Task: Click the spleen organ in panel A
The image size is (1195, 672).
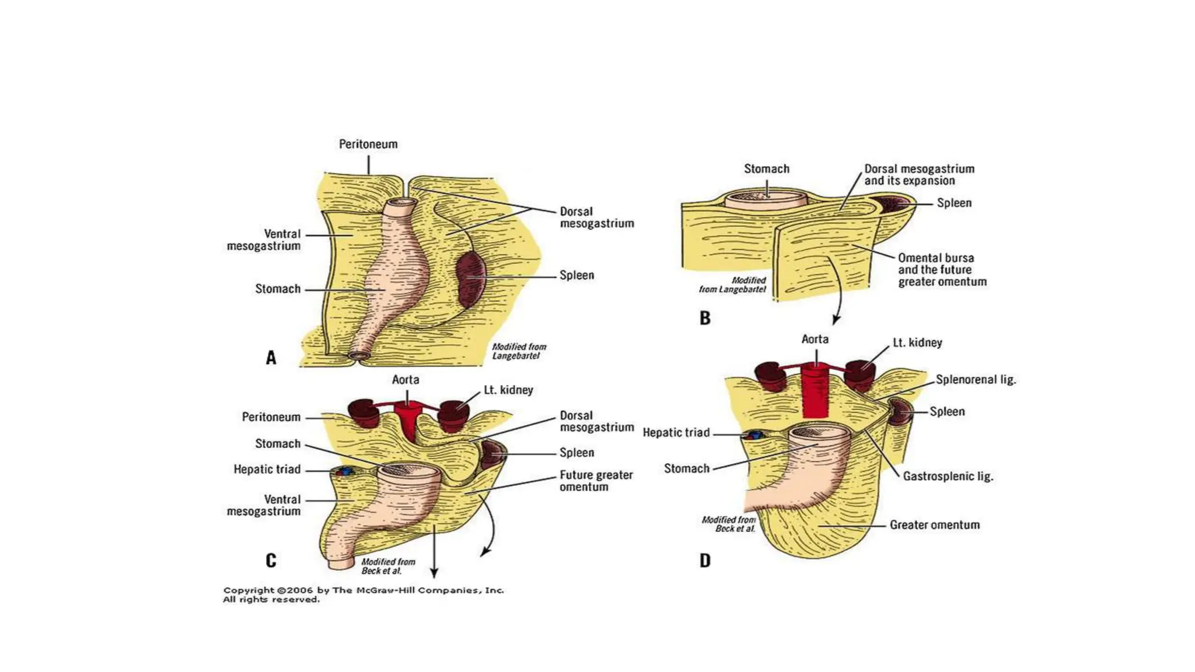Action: click(x=470, y=279)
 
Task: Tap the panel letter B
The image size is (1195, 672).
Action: click(x=705, y=318)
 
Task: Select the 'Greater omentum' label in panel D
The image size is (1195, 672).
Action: click(x=934, y=525)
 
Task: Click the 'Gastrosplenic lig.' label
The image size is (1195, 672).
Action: click(x=948, y=476)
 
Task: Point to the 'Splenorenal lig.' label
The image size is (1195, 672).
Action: click(x=976, y=380)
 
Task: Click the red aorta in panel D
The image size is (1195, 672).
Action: click(x=816, y=390)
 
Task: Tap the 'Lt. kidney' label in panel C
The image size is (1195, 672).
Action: click(x=508, y=390)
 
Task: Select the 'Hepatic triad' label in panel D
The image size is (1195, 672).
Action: click(x=676, y=432)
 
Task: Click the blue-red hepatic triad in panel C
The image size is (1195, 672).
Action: click(x=344, y=471)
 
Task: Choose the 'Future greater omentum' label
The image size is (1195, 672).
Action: click(x=596, y=481)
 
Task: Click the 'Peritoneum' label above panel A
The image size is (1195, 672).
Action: click(x=368, y=144)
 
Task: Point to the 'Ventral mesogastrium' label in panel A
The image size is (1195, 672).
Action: click(x=264, y=240)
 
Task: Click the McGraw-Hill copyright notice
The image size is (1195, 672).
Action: click(x=363, y=594)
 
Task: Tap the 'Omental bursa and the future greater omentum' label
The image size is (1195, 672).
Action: click(x=942, y=269)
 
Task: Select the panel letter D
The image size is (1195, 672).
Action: click(x=705, y=561)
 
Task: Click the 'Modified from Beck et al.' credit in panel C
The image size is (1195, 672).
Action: click(x=388, y=566)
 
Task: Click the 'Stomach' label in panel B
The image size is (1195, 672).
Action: click(x=766, y=169)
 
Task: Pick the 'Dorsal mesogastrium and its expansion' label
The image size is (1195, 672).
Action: click(x=919, y=174)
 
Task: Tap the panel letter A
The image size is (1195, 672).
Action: click(x=271, y=358)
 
